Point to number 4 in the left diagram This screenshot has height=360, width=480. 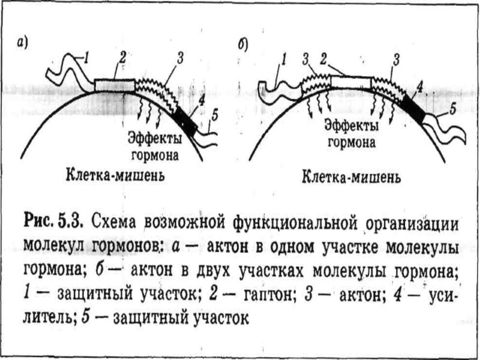[x=202, y=100]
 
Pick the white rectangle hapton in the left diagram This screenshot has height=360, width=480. [x=115, y=85]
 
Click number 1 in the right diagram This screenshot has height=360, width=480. [x=284, y=59]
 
